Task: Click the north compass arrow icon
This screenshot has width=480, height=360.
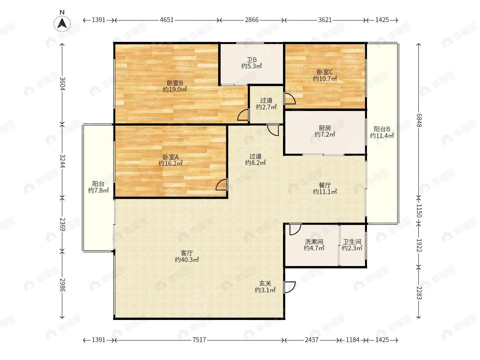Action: pyautogui.click(x=62, y=23)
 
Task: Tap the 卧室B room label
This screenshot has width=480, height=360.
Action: pyautogui.click(x=175, y=83)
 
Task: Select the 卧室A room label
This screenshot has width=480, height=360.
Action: pyautogui.click(x=171, y=157)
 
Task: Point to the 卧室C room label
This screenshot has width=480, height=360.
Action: pyautogui.click(x=325, y=72)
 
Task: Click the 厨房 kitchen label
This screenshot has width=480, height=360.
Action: pyautogui.click(x=325, y=128)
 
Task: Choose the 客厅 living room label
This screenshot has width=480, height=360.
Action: pyautogui.click(x=187, y=253)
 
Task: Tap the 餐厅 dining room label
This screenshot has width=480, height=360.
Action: pyautogui.click(x=325, y=185)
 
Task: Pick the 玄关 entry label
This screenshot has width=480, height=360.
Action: pyautogui.click(x=265, y=283)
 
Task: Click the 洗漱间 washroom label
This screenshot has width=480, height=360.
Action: pyautogui.click(x=314, y=242)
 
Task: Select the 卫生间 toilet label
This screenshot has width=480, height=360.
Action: pyautogui.click(x=352, y=242)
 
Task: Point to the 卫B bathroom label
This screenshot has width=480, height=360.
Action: pyautogui.click(x=252, y=59)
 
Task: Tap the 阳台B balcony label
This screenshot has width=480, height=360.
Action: pyautogui.click(x=382, y=129)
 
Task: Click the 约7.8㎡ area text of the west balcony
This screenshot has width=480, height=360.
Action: pyautogui.click(x=98, y=190)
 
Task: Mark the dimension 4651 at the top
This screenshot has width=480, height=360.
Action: pyautogui.click(x=167, y=20)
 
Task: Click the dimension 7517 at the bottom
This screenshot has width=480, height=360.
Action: pyautogui.click(x=199, y=340)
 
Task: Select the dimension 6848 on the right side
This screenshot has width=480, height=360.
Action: pyautogui.click(x=419, y=120)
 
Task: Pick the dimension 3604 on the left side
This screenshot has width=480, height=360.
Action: pyautogui.click(x=62, y=83)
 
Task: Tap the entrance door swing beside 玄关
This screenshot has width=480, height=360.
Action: pyautogui.click(x=289, y=287)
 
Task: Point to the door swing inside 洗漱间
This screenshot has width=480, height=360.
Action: pyautogui.click(x=295, y=229)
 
